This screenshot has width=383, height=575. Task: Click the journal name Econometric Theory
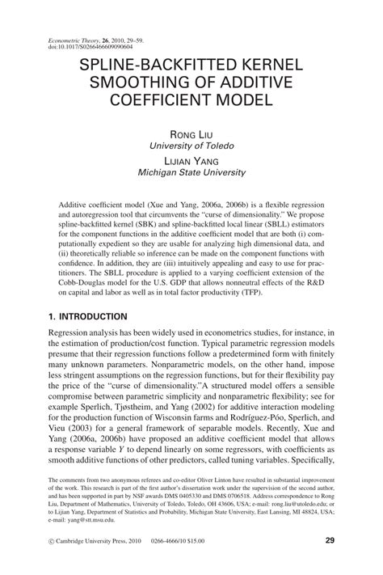[62, 39]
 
